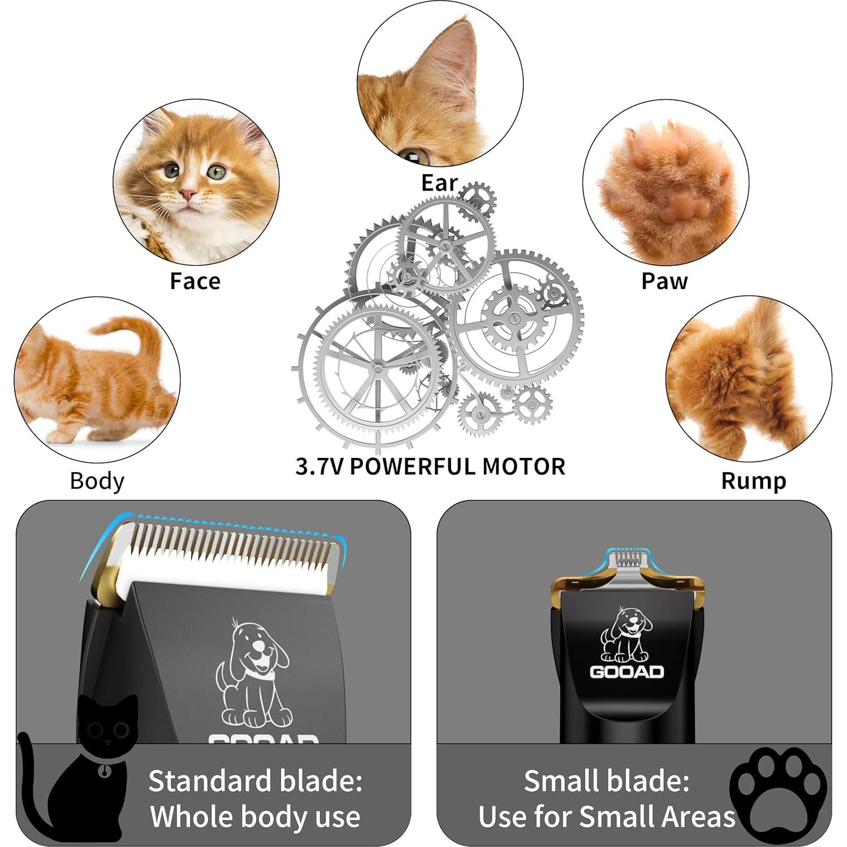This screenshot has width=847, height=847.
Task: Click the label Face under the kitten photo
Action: [195, 281]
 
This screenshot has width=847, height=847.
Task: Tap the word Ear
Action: [439, 183]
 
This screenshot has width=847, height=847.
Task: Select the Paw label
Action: [664, 281]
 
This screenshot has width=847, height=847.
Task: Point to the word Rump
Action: [753, 481]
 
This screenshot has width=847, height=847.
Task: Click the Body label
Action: [97, 481]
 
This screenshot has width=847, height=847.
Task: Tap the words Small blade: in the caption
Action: [606, 781]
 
